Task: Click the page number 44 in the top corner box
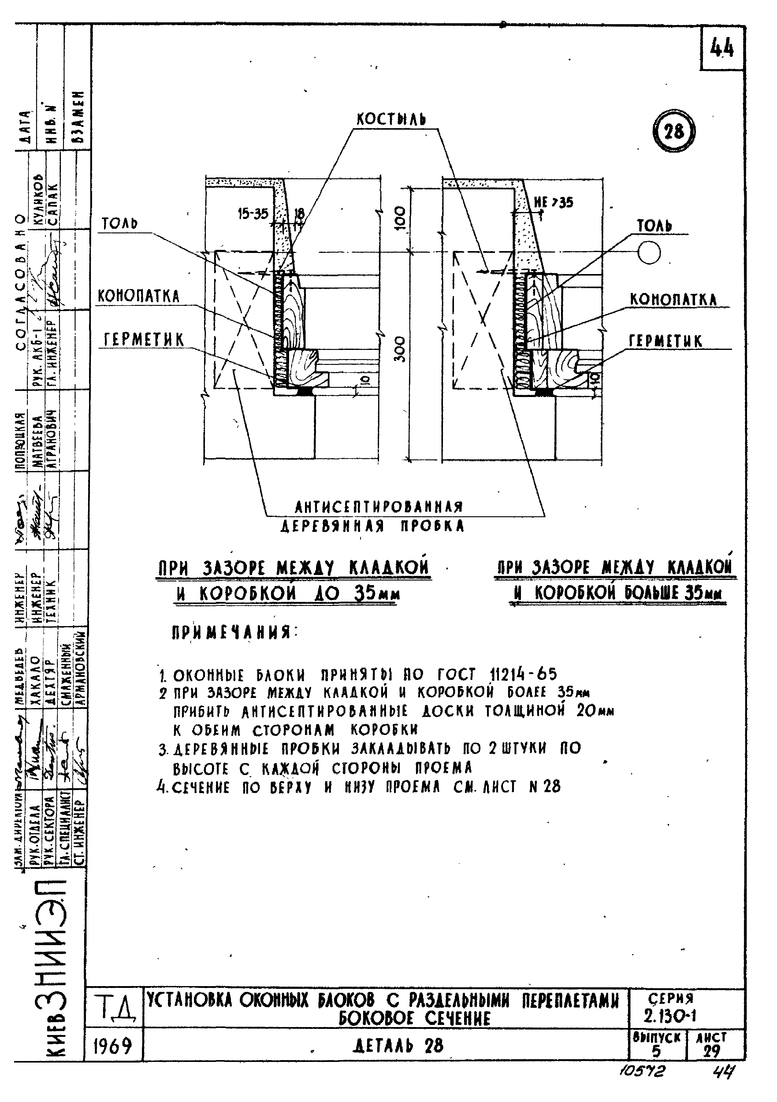pyautogui.click(x=722, y=48)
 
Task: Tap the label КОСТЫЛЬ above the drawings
pyautogui.click(x=391, y=120)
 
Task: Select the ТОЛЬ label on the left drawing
pyautogui.click(x=120, y=224)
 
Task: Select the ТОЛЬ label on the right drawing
pyautogui.click(x=654, y=226)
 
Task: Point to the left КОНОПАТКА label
pyautogui.click(x=139, y=296)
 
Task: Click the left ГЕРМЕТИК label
pyautogui.click(x=144, y=340)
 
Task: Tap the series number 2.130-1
pyautogui.click(x=670, y=1015)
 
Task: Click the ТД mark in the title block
pyautogui.click(x=113, y=1007)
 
